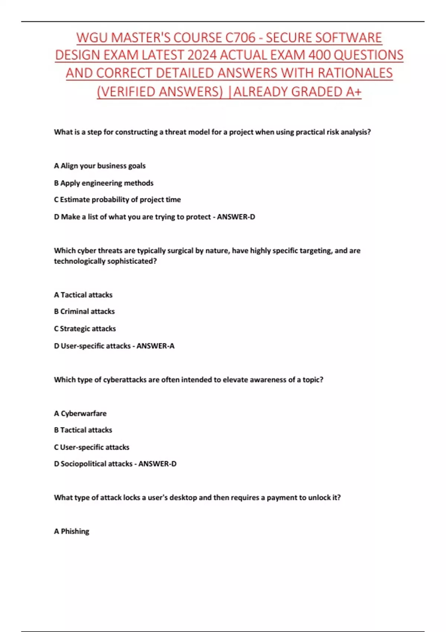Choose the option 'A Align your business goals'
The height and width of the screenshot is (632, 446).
coord(100,166)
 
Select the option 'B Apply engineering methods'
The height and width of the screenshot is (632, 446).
coord(104,183)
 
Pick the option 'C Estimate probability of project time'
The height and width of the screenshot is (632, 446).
coord(117,200)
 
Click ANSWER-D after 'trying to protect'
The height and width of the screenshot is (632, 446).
coord(236,217)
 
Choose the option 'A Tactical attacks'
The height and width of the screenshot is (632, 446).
coord(83,295)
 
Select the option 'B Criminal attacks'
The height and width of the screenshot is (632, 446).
coord(84,312)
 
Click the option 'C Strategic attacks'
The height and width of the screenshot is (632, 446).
coord(85,329)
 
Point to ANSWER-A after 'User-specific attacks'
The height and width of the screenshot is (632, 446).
coord(155,346)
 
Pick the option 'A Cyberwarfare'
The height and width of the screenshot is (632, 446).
coord(80,413)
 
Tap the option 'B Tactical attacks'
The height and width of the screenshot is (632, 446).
coord(83,430)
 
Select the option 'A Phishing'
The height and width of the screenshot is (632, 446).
coord(72,531)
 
